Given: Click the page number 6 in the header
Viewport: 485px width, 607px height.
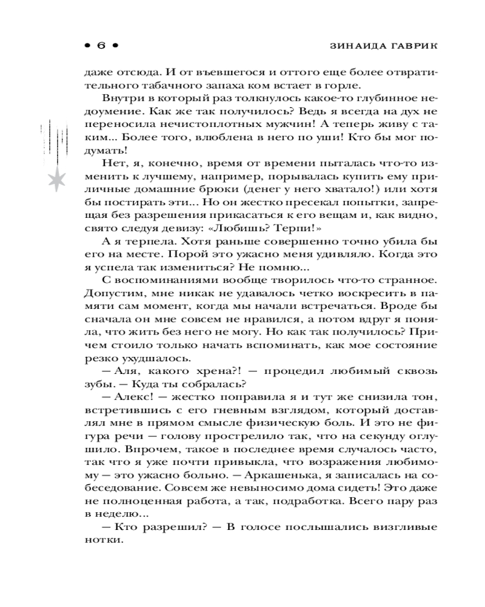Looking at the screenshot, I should (x=101, y=46).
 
